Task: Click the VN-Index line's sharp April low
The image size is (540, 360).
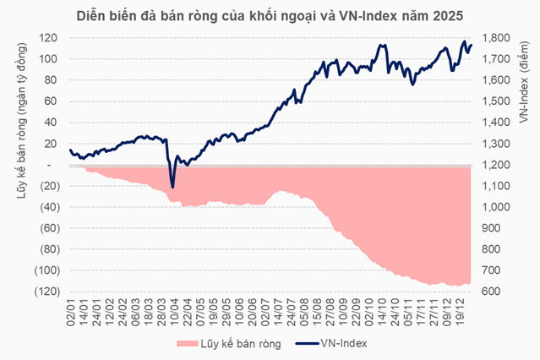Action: tap(172, 187)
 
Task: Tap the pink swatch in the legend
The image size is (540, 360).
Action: tap(187, 343)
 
